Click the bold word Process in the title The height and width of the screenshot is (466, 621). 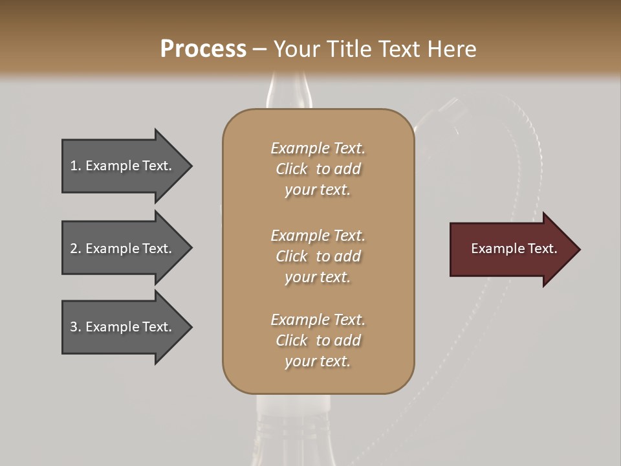(203, 49)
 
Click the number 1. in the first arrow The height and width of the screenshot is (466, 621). (76, 166)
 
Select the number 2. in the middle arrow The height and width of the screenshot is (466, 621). (76, 249)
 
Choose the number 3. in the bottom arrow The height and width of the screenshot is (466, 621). (76, 327)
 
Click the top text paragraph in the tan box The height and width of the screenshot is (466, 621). (318, 169)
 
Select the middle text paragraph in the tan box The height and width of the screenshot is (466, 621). (318, 256)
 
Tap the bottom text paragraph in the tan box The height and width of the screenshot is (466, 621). (318, 340)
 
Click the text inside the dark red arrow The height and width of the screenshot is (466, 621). (514, 249)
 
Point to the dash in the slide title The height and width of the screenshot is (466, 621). (260, 50)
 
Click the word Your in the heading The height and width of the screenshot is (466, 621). (294, 49)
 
